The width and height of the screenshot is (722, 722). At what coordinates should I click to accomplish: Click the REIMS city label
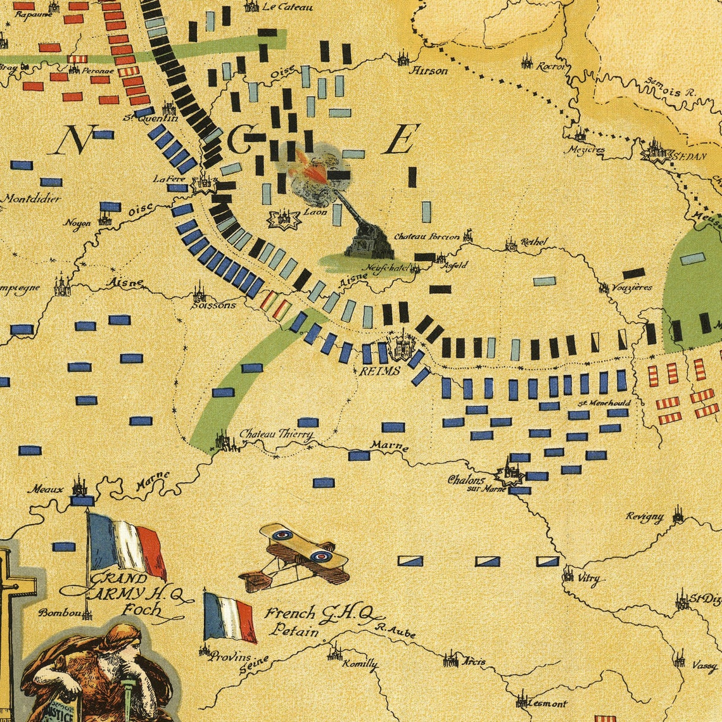[x=380, y=370]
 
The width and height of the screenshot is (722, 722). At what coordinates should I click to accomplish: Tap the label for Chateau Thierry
[x=276, y=434]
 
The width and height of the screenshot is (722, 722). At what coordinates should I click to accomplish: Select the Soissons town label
[x=213, y=305]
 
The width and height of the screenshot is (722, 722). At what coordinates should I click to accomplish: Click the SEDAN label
[x=688, y=156]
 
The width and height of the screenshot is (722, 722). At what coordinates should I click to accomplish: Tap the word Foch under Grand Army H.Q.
[x=141, y=610]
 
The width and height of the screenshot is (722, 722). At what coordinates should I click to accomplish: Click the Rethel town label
[x=533, y=242]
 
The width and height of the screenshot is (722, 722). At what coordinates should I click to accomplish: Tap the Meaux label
[x=45, y=489]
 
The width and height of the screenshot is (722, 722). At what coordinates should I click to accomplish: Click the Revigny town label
[x=645, y=517]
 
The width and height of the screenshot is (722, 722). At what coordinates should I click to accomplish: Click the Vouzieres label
[x=632, y=287]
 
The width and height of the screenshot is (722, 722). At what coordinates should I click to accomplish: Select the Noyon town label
[x=77, y=223]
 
